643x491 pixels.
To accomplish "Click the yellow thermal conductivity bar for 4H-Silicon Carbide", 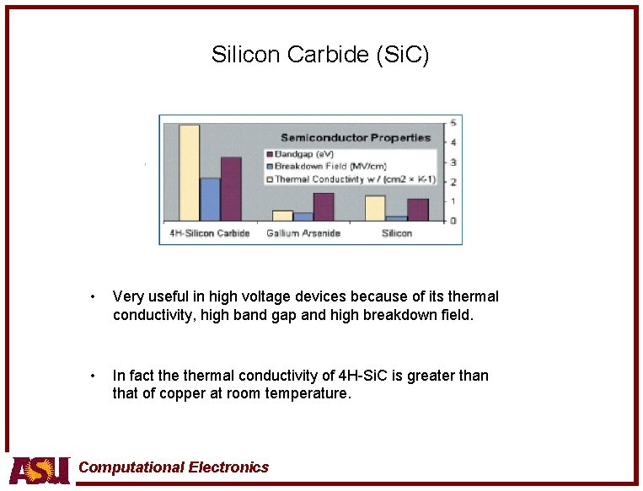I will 189,173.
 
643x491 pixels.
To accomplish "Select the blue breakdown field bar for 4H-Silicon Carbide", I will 210,199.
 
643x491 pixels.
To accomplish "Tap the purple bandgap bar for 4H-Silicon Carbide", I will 231,189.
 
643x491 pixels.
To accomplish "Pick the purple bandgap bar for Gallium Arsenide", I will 324,206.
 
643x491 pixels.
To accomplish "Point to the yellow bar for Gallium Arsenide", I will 282,215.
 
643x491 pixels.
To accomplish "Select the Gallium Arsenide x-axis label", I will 303,232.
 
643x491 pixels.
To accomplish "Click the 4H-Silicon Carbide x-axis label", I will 210,232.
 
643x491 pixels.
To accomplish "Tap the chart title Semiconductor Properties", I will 356,137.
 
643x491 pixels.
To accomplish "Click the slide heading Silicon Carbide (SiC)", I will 320,56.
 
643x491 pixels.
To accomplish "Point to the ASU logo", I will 39,469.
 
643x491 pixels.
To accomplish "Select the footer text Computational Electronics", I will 174,467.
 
